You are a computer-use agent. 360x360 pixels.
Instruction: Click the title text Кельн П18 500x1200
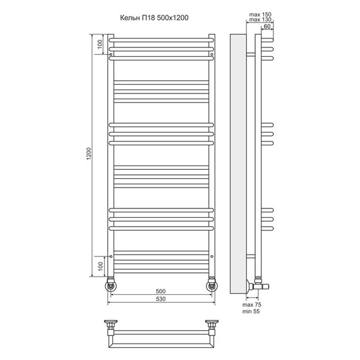coord(154,18)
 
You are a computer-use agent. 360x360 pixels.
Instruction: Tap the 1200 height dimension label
coord(88,154)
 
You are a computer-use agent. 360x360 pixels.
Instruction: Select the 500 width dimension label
coord(160,291)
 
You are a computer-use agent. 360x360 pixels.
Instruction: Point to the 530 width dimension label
coord(160,299)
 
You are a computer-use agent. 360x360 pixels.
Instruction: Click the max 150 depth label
coord(260,15)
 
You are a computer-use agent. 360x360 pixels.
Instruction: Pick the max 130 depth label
coord(260,20)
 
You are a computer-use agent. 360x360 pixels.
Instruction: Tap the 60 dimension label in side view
coord(267,27)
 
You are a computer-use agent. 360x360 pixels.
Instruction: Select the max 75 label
coord(251,304)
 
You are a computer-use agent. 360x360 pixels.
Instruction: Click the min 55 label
coord(251,311)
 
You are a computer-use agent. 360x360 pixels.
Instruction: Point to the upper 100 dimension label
coord(100,44)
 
